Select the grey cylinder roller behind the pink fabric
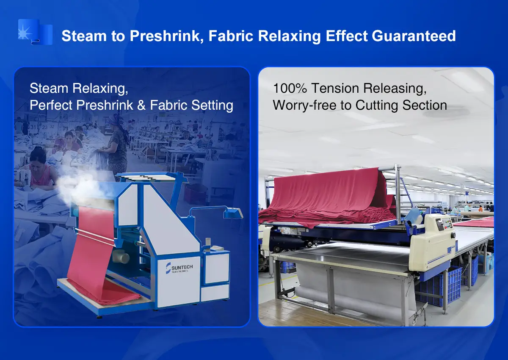123,256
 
